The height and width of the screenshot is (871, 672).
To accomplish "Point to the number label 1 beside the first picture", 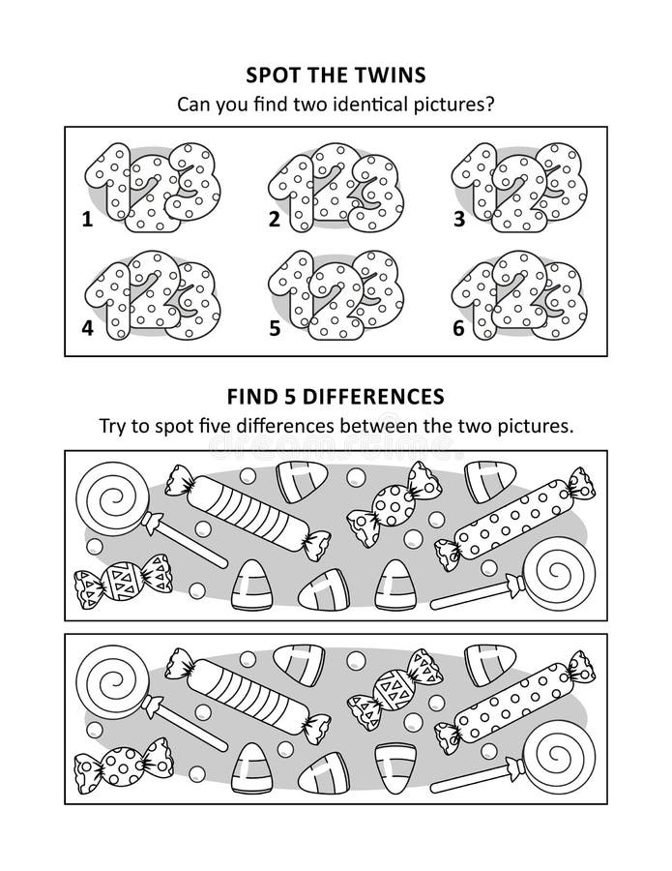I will tap(87, 220).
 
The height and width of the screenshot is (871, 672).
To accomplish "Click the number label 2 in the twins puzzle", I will tap(274, 220).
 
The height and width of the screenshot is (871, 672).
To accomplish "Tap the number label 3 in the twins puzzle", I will tap(459, 220).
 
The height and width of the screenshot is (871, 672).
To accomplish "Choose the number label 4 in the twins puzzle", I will tap(87, 328).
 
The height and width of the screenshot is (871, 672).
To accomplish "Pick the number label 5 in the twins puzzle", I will tap(274, 328).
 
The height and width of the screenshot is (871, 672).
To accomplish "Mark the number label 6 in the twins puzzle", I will tap(459, 328).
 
